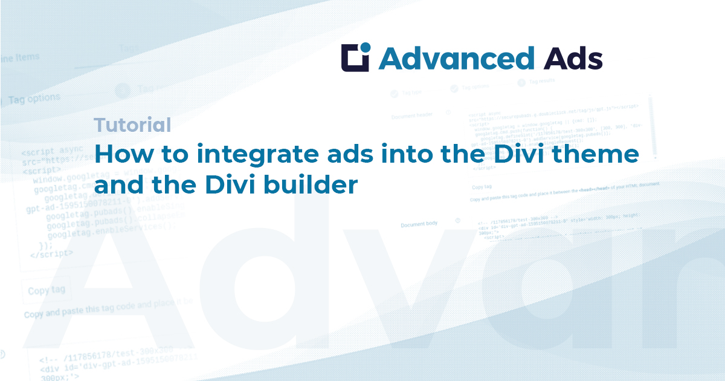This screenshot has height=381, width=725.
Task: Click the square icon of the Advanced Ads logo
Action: tap(355, 58)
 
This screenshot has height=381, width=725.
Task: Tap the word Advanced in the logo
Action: tap(456, 59)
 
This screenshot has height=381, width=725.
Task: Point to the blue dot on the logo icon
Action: tap(365, 48)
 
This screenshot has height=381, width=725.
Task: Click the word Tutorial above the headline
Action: tap(132, 125)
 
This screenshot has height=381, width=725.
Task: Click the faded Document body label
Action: tap(419, 224)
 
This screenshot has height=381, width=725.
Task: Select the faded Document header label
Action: tap(411, 116)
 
